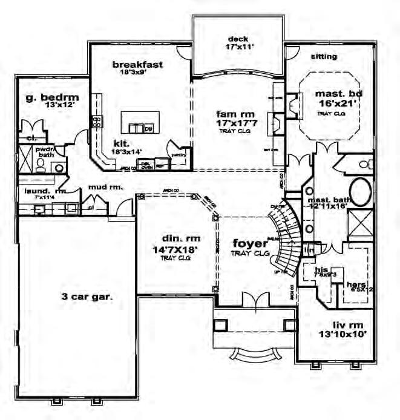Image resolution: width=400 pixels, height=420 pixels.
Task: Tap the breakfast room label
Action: (138, 64)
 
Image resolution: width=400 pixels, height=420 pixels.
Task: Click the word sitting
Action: (324, 57)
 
